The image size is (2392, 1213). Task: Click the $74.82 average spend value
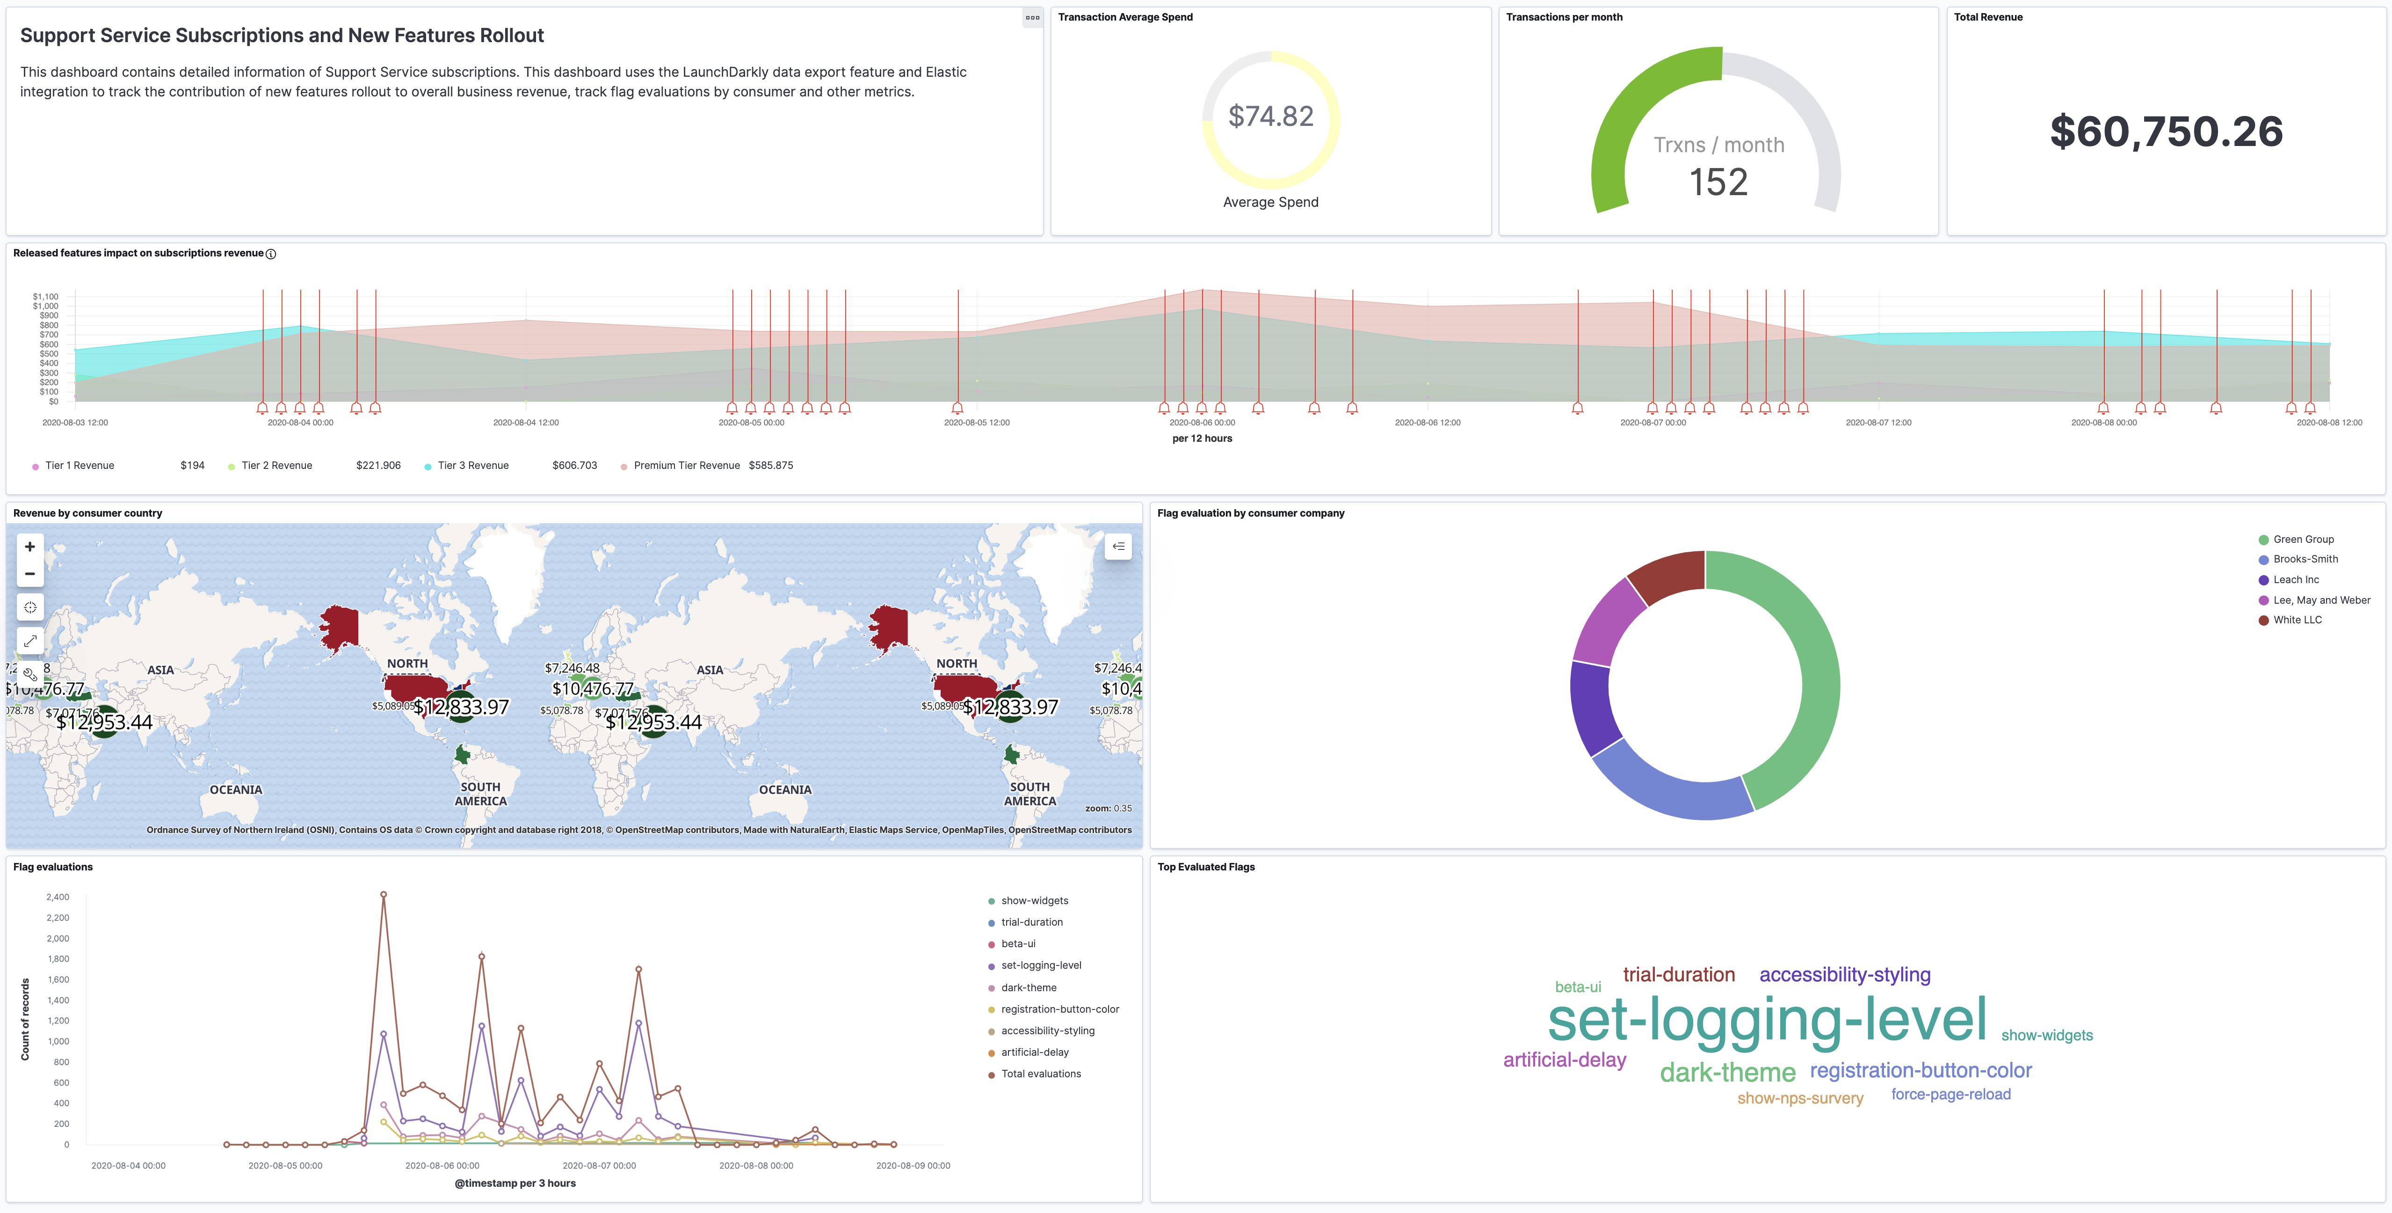point(1270,116)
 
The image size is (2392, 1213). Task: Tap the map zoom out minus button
point(30,574)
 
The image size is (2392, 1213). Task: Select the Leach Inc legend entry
point(2296,579)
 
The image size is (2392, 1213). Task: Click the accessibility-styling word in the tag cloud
point(1844,974)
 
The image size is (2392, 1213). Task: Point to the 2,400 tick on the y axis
point(58,897)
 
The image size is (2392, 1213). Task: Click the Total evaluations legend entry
point(1040,1074)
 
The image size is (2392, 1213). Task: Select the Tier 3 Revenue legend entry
point(472,465)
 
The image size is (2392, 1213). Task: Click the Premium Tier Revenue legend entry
point(686,465)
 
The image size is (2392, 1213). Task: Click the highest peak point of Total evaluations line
point(384,894)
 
